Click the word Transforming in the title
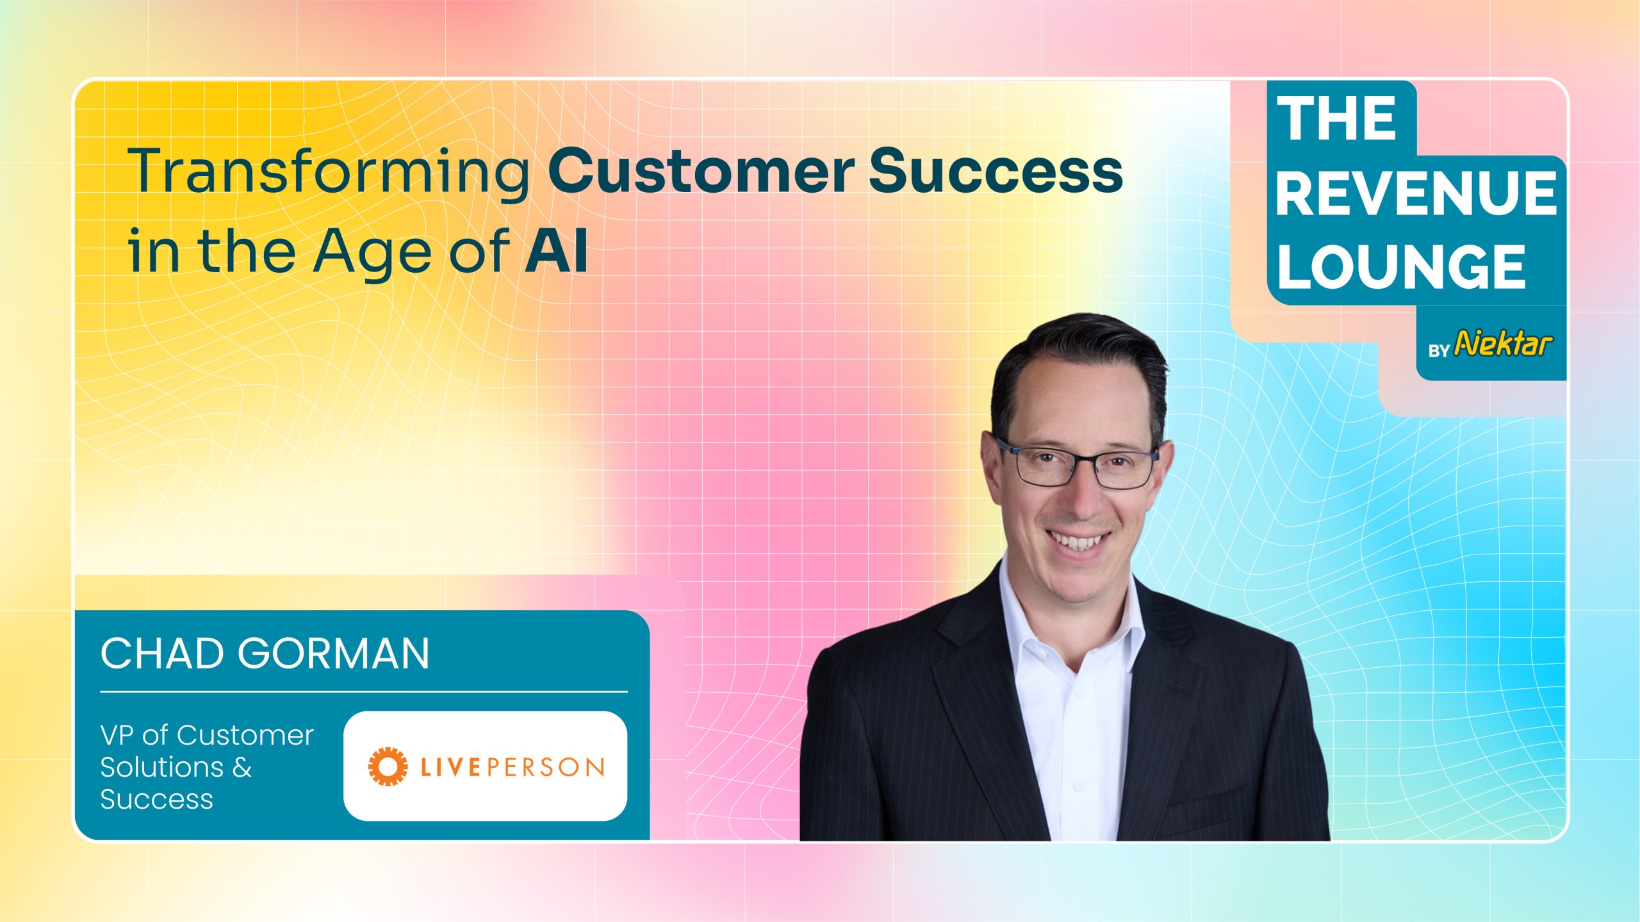329,172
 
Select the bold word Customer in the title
701,170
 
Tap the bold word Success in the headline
996,170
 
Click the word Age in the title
372,254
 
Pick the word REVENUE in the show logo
1416,193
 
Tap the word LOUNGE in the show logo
1402,266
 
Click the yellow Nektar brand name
1503,344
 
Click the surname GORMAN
334,654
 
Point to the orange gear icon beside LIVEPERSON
388,766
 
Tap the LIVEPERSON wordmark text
512,767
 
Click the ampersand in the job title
242,767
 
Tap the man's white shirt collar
1071,615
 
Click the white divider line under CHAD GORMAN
364,691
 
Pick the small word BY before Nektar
1439,351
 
